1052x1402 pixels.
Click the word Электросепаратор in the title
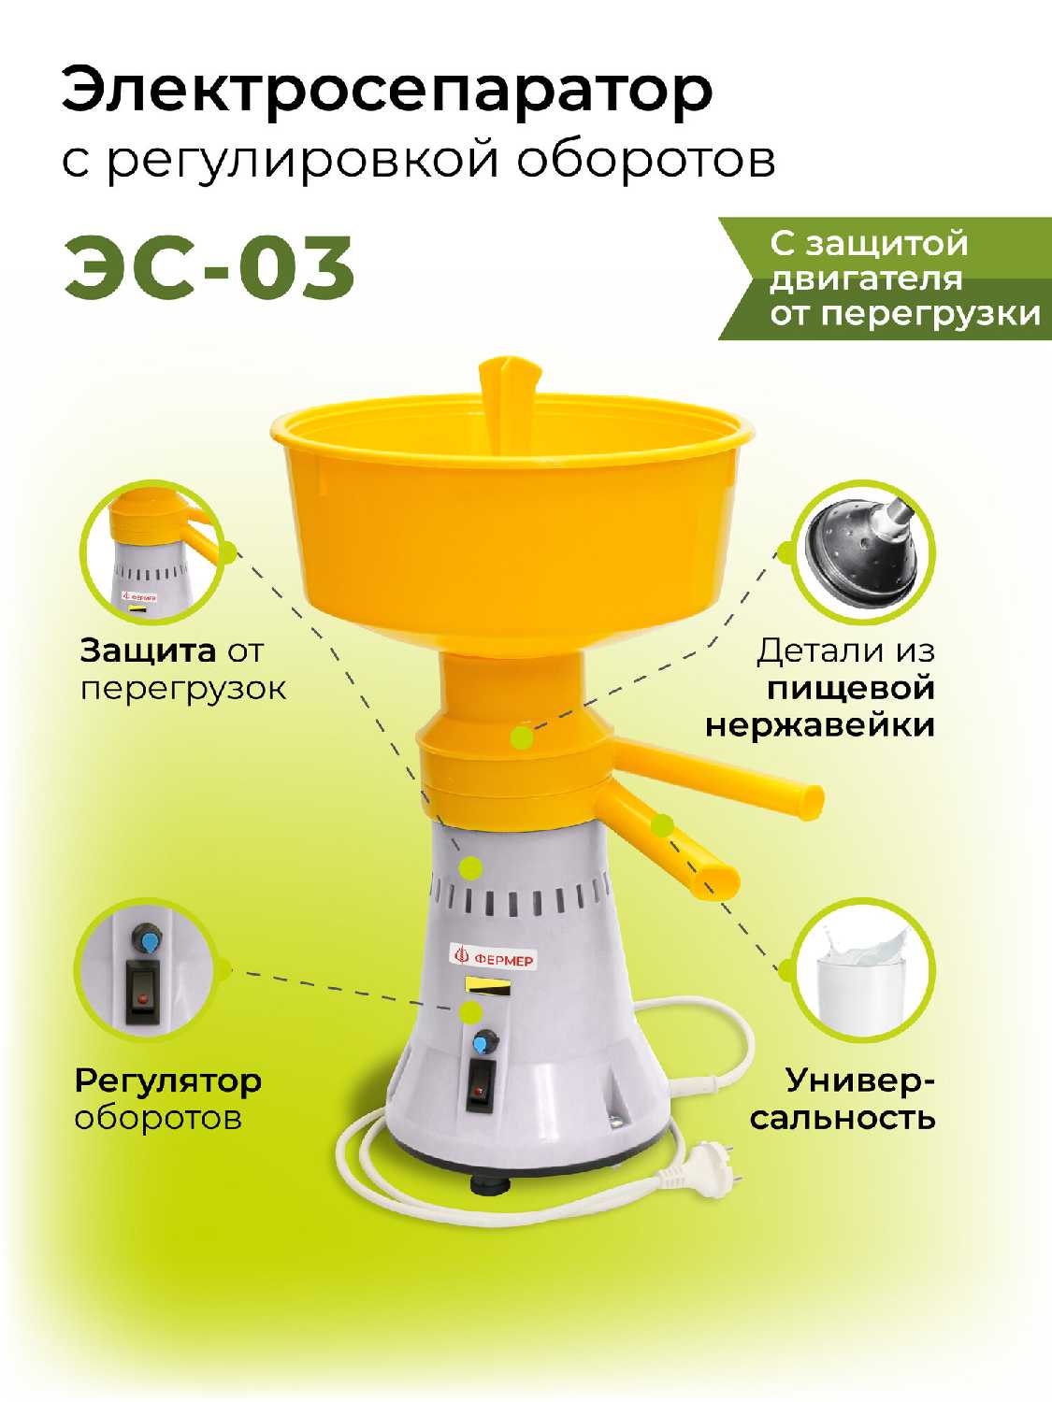[387, 93]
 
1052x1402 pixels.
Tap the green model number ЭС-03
[209, 267]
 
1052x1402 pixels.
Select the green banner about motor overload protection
[886, 279]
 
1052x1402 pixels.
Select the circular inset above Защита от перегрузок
[152, 553]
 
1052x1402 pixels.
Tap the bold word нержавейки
[820, 725]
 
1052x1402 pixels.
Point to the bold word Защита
[148, 652]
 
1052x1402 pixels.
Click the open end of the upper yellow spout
[812, 802]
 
